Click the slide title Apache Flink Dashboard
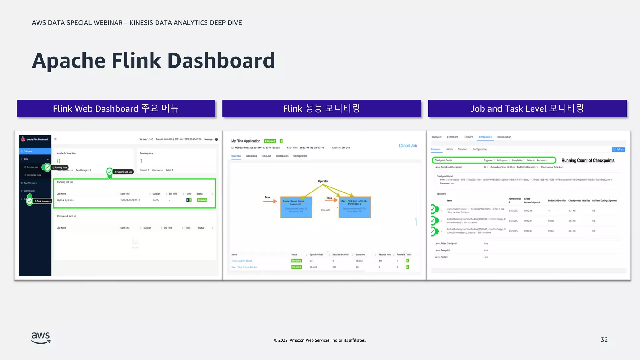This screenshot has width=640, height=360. [153, 61]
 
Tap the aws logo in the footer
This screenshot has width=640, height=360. [41, 338]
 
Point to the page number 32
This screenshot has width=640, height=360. [604, 340]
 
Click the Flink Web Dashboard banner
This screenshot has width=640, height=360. [116, 108]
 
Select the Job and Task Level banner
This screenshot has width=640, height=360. [527, 108]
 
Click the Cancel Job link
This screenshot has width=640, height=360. [407, 146]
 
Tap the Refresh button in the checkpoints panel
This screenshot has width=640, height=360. [618, 149]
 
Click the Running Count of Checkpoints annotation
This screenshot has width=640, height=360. [588, 160]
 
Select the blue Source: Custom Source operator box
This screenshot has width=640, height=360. [296, 207]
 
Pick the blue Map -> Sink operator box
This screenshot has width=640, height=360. [354, 207]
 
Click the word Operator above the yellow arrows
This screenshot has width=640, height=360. [323, 181]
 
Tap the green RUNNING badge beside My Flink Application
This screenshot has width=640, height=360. [270, 141]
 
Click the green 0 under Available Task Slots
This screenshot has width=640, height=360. [59, 161]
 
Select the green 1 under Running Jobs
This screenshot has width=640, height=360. [141, 161]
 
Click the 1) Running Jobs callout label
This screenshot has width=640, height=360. [60, 167]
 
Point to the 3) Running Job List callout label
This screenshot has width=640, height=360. [123, 172]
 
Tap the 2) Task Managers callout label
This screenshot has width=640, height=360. [42, 201]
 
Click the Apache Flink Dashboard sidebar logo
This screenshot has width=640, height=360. [35, 139]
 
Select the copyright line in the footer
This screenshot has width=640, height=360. [320, 340]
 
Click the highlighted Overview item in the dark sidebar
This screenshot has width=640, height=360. [35, 151]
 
